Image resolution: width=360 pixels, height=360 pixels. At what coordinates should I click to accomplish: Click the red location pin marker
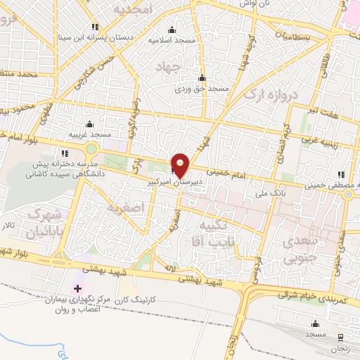pos(181,164)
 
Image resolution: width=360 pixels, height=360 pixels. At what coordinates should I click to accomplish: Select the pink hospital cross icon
pos(77,289)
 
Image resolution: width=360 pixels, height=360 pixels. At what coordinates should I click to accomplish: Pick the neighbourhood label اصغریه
pos(127,208)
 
